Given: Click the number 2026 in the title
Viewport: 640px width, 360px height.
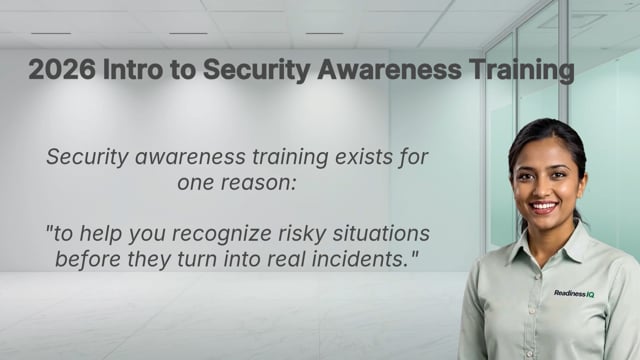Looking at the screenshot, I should [58, 70].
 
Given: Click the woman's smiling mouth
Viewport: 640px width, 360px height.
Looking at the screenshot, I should [544, 206].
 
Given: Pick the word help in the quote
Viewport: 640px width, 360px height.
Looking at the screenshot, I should [112, 234].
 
